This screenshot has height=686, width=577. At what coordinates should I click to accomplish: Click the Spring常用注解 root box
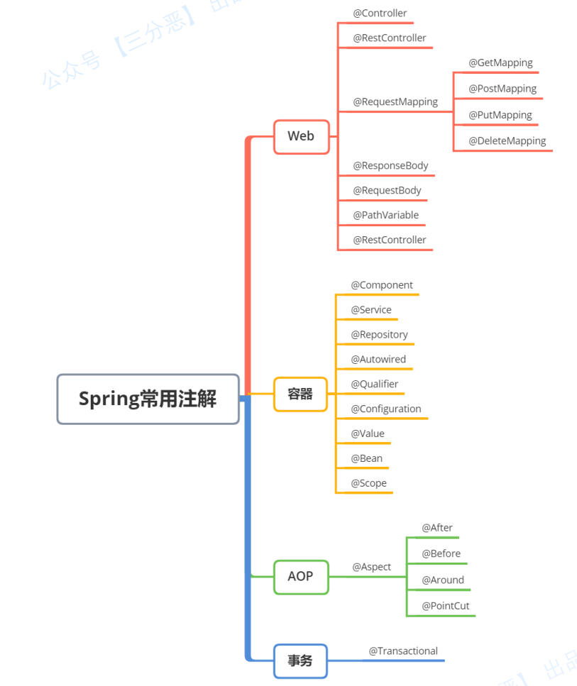pos(148,399)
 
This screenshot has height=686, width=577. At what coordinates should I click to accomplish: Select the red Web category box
pos(301,136)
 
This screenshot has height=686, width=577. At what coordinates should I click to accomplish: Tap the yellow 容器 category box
pos(300,394)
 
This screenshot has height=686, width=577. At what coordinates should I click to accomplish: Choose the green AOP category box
pos(300,576)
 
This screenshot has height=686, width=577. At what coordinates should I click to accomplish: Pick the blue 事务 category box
pos(300,660)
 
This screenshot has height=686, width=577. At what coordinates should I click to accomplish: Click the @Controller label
pos(380,13)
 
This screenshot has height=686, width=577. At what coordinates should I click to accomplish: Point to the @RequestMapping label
pos(395,101)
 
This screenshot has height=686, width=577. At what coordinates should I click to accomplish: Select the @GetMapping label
pos(500,62)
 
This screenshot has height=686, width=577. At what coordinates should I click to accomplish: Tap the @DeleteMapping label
pos(507,140)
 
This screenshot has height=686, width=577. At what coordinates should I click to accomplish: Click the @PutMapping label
pos(500,115)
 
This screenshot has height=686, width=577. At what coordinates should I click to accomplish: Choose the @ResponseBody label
pos(390,165)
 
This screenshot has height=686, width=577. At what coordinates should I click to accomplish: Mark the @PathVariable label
pos(385,215)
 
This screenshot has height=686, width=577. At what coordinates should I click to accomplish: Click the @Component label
pos(382,285)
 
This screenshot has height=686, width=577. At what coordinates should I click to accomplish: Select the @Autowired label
pos(378,359)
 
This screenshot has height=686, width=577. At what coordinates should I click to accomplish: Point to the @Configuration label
pos(386,409)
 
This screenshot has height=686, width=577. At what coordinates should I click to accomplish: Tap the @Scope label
pos(368,483)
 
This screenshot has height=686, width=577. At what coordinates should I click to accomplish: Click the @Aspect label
pos(371,567)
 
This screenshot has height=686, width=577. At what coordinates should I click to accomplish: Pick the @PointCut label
pos(445,606)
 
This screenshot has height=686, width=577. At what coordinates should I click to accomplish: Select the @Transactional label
pos(403,651)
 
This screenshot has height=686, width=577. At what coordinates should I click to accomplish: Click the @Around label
pos(443,580)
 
